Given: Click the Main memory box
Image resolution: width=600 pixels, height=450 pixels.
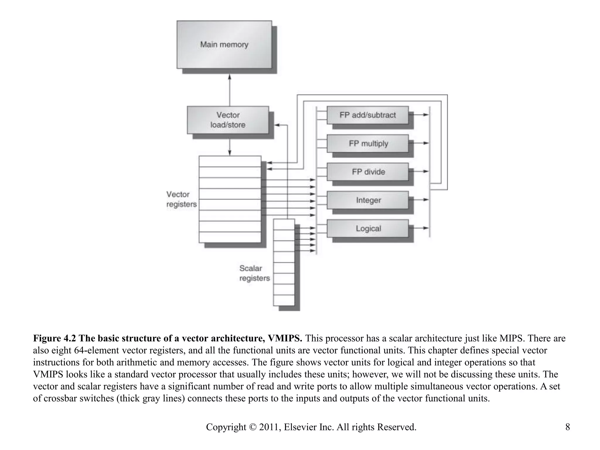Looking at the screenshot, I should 224,45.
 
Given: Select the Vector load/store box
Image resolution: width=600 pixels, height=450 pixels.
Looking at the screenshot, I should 228,120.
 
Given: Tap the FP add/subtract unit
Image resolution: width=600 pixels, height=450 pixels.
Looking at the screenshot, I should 367,115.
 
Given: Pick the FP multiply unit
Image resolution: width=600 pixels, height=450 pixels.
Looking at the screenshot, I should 367,143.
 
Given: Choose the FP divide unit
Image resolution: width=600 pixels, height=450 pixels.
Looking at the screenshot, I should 367,172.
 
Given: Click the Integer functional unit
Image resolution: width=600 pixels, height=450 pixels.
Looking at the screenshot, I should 367,200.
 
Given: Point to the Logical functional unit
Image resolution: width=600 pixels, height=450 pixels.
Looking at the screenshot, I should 367,228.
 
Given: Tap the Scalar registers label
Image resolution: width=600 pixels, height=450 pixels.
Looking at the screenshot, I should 254,273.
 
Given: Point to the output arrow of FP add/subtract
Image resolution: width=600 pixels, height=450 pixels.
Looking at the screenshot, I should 421,115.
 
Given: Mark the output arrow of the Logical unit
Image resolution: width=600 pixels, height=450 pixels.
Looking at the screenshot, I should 421,228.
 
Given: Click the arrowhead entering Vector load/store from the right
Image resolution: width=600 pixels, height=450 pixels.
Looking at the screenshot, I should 277,125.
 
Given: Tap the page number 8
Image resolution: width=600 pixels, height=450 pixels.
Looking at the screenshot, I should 567,427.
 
